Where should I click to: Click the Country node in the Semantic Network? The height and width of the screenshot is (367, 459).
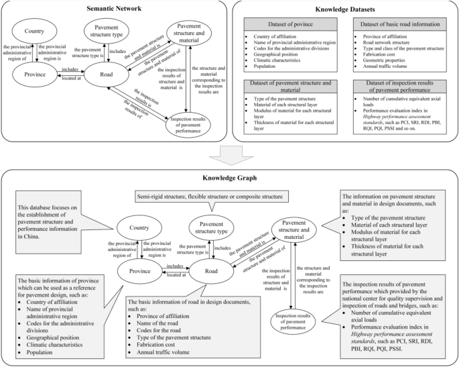(34, 32)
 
